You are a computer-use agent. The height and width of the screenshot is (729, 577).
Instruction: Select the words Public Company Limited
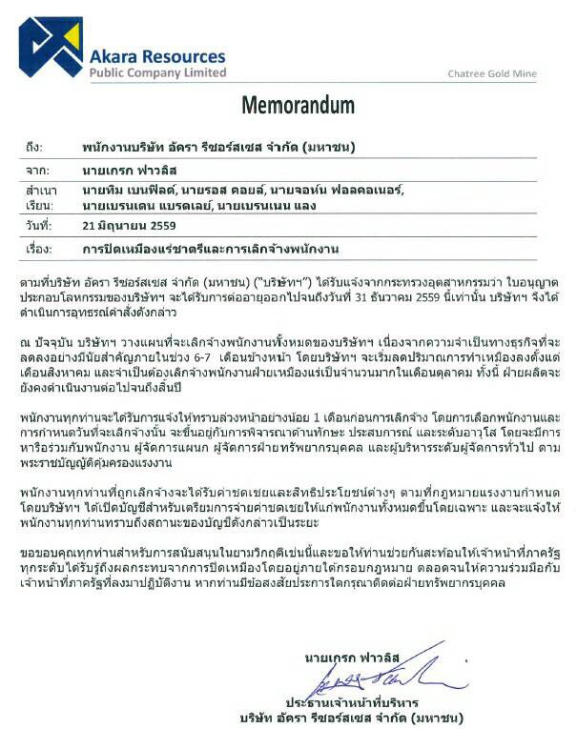(x=157, y=72)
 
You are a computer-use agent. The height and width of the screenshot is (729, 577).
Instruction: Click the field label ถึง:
(x=34, y=148)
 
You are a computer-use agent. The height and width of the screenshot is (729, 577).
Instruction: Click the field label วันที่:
(x=38, y=227)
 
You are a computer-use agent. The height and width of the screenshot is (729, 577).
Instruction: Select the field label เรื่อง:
(x=37, y=249)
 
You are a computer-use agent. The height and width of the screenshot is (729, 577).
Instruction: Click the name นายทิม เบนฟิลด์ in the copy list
(x=124, y=191)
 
